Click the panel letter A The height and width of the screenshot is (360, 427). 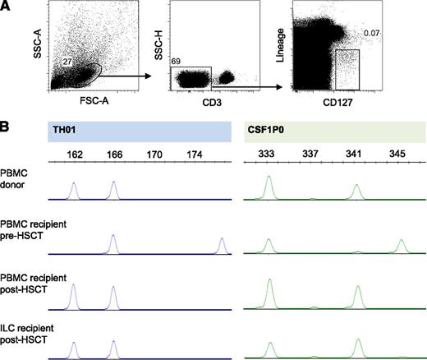[x=6, y=6]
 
